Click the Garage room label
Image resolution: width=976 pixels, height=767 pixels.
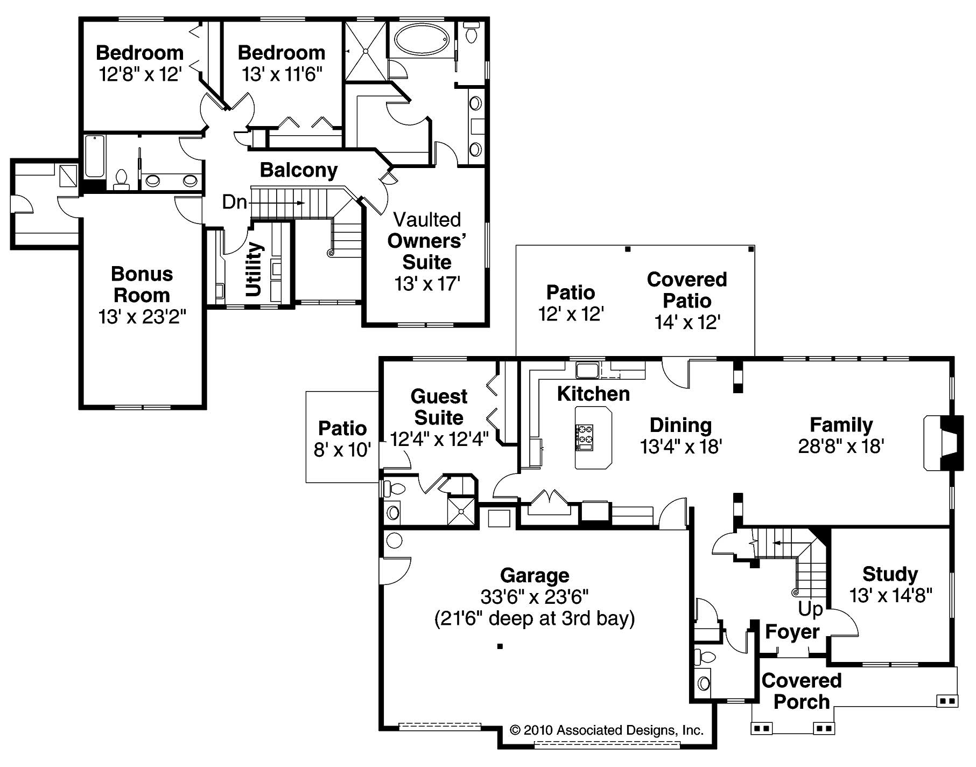coord(534,575)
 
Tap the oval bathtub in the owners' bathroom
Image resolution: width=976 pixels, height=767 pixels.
coord(421,39)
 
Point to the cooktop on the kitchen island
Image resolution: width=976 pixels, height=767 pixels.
coord(585,437)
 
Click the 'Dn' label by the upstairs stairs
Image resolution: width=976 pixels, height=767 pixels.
coord(235,203)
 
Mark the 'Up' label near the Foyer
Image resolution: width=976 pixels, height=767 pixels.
coord(810,609)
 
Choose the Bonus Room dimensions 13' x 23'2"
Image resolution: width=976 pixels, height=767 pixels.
coord(142,317)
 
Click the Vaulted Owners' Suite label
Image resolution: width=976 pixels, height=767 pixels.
coord(427,241)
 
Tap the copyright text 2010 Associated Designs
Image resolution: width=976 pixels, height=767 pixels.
coord(607,730)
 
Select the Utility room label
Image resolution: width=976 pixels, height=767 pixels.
coord(254,269)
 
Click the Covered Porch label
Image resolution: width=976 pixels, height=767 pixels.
coord(801,691)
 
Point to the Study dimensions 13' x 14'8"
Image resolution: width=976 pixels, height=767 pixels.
coord(890,596)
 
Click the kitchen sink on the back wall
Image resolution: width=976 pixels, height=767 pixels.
coord(588,371)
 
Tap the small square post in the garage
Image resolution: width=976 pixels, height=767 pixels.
coord(500,646)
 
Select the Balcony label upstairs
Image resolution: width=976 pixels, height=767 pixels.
coord(299,170)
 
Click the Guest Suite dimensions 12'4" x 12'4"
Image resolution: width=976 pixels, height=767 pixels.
coord(439,439)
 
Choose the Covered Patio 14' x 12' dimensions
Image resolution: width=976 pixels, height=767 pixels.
coord(687,322)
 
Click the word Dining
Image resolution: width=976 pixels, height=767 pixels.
coord(680,425)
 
